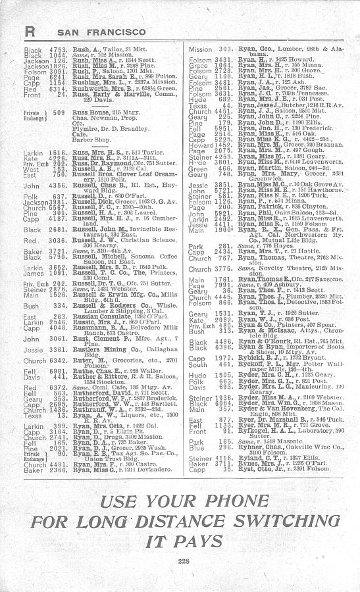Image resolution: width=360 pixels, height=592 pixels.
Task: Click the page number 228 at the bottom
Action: [x=179, y=560]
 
